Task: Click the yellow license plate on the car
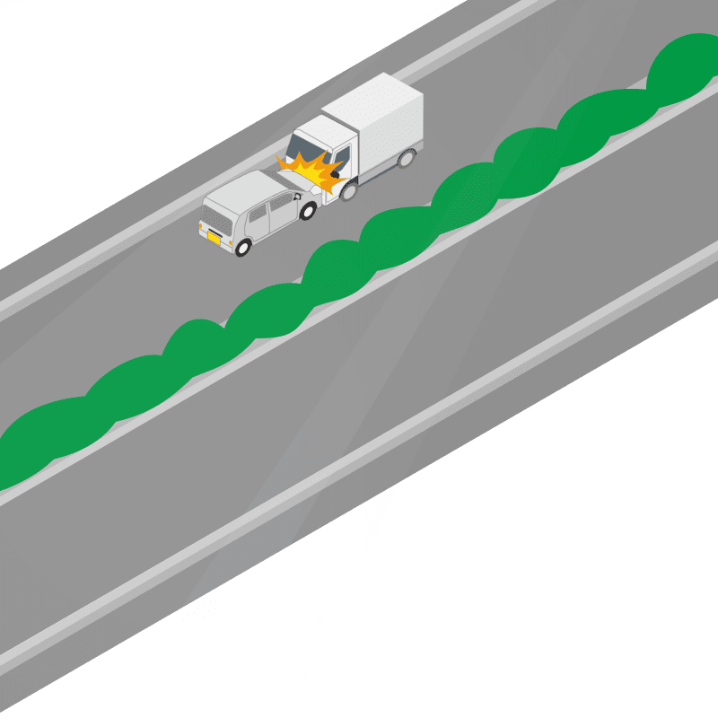coord(214,238)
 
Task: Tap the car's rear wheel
coord(242,246)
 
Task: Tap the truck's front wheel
coord(348,190)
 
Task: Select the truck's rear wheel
coord(407,160)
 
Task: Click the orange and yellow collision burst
coord(314,172)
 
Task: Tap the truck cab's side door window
coord(341,154)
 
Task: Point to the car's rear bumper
coord(217,244)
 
